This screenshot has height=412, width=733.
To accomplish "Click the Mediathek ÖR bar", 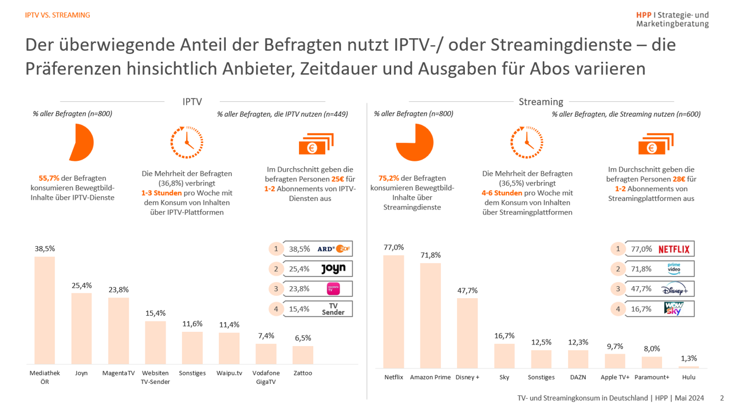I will click(45, 310).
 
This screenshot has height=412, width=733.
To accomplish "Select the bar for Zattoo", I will click(302, 355).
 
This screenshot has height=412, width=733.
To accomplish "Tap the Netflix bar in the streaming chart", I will click(393, 311).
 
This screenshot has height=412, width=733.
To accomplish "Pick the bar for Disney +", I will click(467, 332).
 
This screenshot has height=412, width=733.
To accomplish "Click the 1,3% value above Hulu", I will click(689, 358).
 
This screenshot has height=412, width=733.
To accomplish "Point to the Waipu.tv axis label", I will click(228, 374).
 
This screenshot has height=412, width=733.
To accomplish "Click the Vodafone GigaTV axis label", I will click(266, 378).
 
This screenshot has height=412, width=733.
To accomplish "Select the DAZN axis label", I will click(578, 378).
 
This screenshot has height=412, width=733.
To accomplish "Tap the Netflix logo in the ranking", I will click(674, 249).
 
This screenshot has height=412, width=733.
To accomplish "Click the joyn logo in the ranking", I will click(333, 269).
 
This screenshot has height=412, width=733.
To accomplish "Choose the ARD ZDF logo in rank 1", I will click(333, 249).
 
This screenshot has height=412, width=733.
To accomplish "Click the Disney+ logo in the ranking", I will click(674, 289).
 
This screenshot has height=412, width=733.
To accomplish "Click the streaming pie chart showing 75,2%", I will click(415, 142).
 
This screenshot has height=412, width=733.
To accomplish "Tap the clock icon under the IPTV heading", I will click(187, 142).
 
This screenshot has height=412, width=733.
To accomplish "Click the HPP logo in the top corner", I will click(672, 19).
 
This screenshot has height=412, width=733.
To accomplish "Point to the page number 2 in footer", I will click(722, 398).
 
